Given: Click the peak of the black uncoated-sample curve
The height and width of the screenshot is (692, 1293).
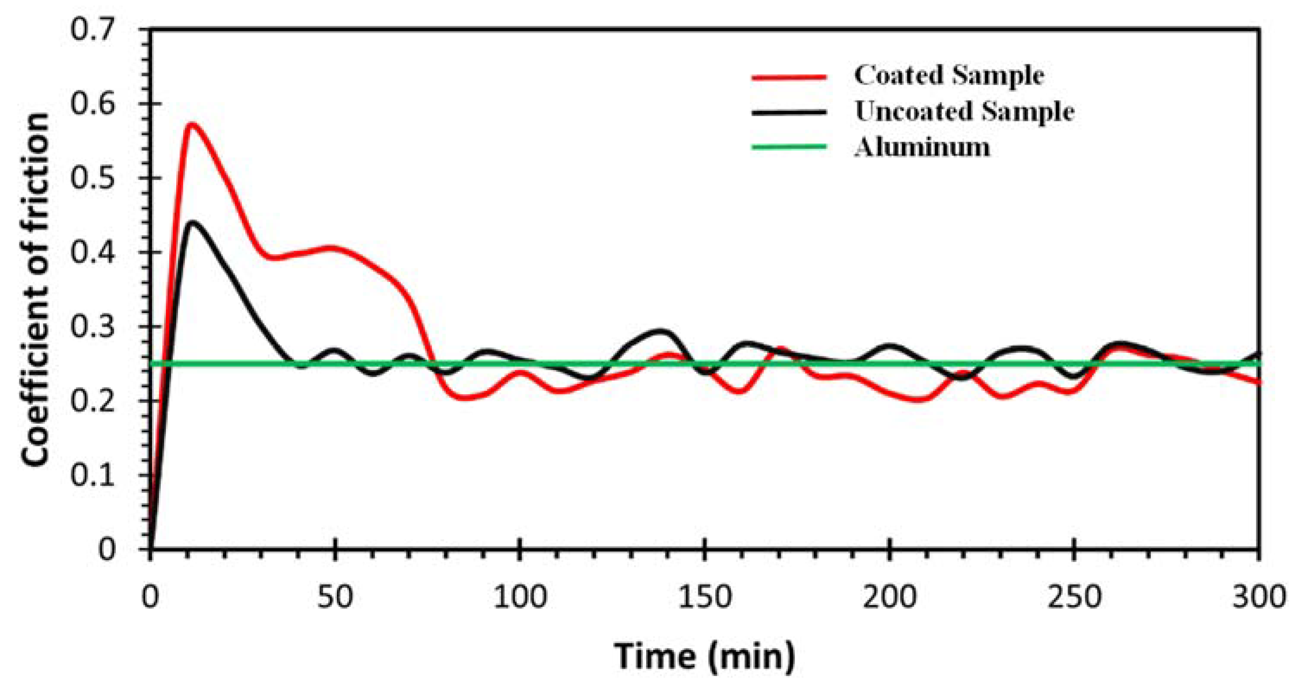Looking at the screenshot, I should pos(192,222).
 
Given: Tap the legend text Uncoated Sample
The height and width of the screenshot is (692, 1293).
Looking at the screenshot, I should pos(964,111).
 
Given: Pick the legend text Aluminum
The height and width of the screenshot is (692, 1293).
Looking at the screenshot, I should pos(922,148).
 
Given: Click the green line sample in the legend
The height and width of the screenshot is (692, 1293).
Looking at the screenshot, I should pos(789,147).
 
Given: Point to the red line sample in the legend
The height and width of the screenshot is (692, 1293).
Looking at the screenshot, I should pos(789,77).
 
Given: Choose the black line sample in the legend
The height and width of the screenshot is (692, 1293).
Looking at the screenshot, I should pos(789,112).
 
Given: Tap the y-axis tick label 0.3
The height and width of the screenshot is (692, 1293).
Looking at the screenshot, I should pos(99,327).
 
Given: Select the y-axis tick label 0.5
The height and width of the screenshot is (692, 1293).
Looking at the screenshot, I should pos(99,178).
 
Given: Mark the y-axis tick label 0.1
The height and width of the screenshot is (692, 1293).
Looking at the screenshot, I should pos(99,475).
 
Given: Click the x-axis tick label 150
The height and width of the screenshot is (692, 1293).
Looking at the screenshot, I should pos(704,598).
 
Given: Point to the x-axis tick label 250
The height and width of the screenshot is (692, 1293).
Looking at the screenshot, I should pos(1074,598).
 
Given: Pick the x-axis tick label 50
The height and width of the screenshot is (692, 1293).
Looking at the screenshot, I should pos(335,598).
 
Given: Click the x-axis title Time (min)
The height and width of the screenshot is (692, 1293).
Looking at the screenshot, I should pos(704,656).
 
